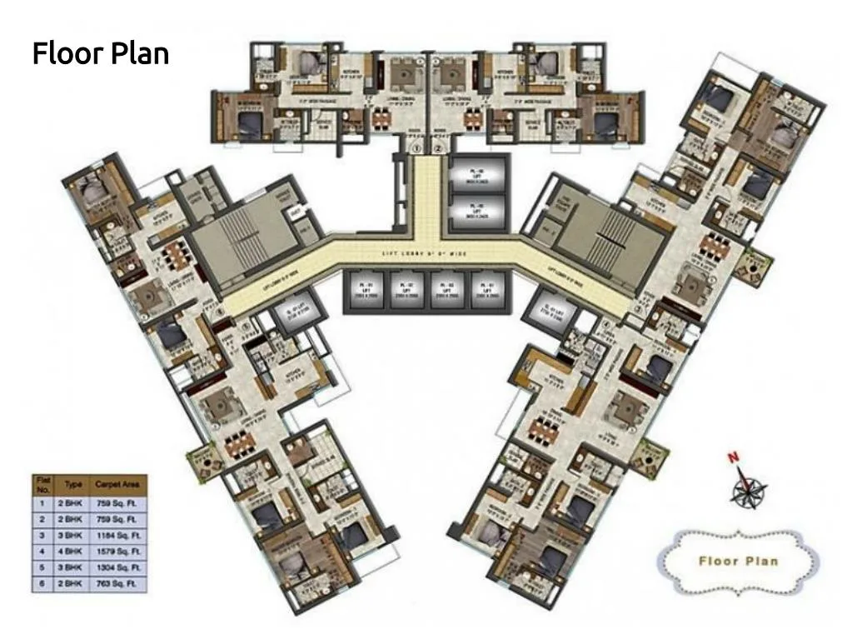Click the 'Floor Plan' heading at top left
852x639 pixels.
click(x=101, y=53)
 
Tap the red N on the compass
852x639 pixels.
click(x=734, y=457)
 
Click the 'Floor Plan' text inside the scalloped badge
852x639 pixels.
click(x=738, y=561)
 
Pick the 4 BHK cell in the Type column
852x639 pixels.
click(x=73, y=551)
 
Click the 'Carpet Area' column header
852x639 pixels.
click(x=122, y=484)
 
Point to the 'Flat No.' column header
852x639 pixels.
click(x=42, y=484)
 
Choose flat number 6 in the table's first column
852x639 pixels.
click(x=42, y=583)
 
